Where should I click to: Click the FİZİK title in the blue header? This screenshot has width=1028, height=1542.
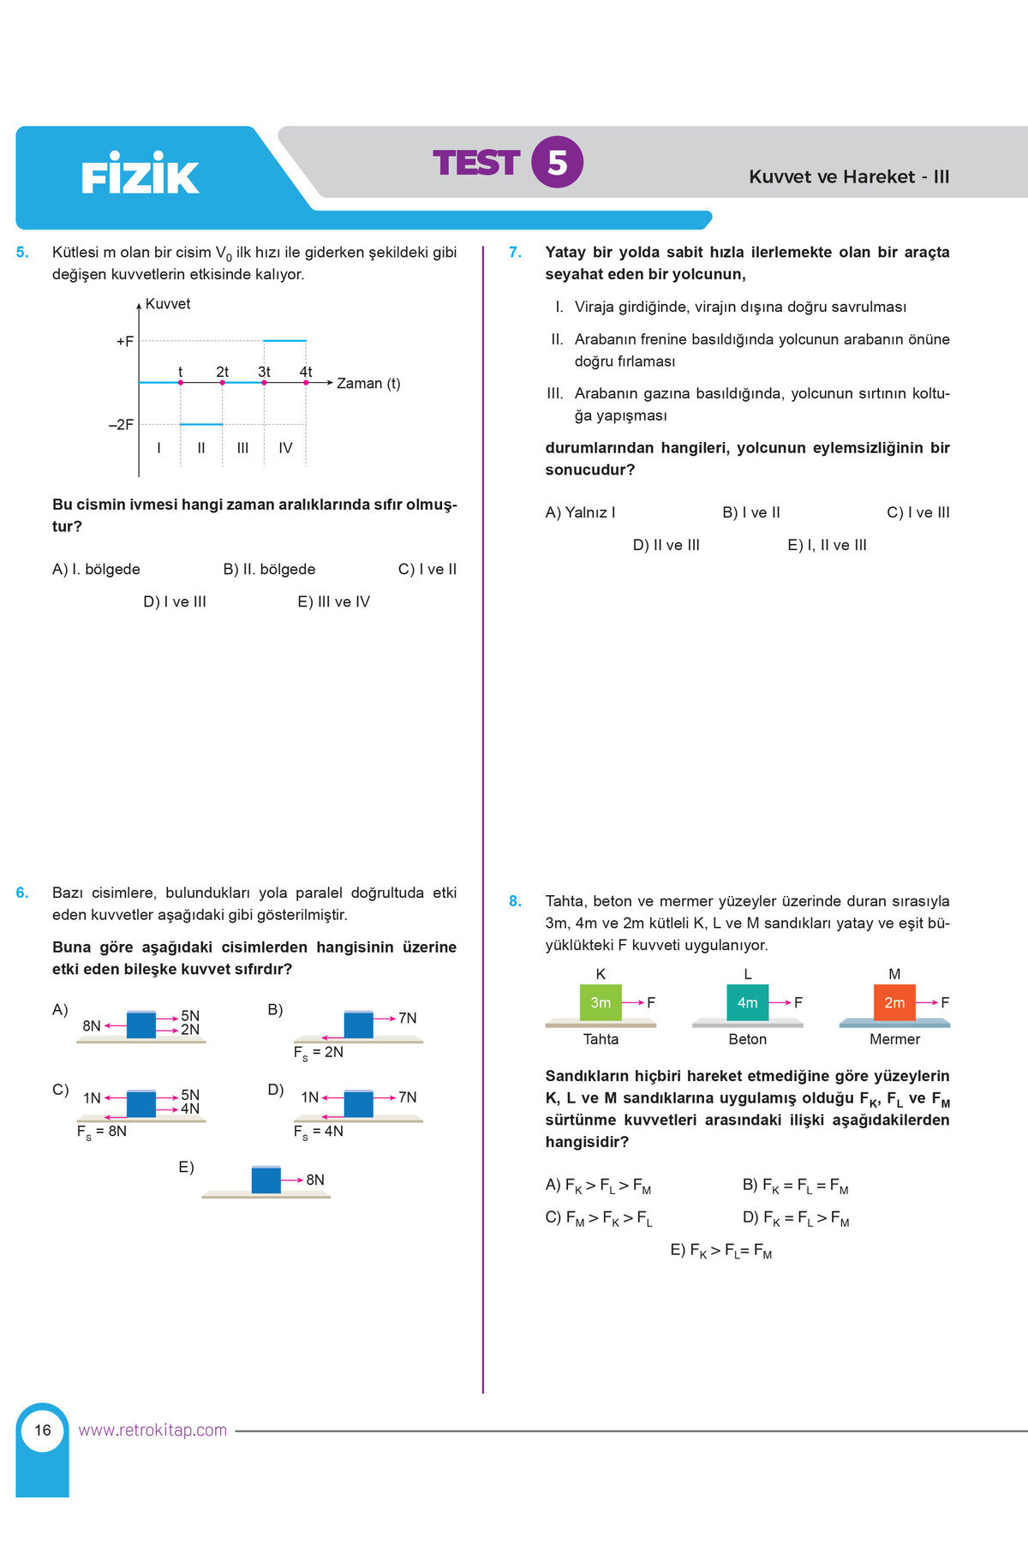pyautogui.click(x=140, y=176)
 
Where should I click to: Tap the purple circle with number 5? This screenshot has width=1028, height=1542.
pyautogui.click(x=557, y=162)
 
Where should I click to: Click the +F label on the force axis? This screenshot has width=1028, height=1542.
pyautogui.click(x=125, y=342)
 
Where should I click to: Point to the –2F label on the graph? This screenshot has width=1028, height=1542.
pyautogui.click(x=122, y=425)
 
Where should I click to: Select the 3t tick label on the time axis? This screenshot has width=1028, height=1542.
pyautogui.click(x=264, y=372)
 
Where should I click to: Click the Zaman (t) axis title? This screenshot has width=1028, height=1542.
pyautogui.click(x=368, y=384)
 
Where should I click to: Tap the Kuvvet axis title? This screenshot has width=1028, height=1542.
pyautogui.click(x=168, y=304)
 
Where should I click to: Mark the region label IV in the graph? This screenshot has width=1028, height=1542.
pyautogui.click(x=285, y=448)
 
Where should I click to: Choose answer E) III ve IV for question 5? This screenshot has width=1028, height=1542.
pyautogui.click(x=333, y=602)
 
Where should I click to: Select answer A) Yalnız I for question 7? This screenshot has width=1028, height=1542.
pyautogui.click(x=580, y=513)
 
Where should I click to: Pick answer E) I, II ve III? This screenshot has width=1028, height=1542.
pyautogui.click(x=827, y=546)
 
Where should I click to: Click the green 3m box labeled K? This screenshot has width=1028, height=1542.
pyautogui.click(x=601, y=1002)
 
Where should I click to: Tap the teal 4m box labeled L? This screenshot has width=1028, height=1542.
pyautogui.click(x=747, y=1002)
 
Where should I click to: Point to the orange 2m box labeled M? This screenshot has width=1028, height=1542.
pyautogui.click(x=894, y=1002)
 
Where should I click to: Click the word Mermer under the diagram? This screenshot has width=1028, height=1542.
pyautogui.click(x=894, y=1039)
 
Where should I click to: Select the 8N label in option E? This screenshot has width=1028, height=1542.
pyautogui.click(x=315, y=1180)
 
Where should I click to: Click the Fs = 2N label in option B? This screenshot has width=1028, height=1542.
pyautogui.click(x=319, y=1053)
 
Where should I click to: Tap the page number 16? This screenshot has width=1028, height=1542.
pyautogui.click(x=43, y=1430)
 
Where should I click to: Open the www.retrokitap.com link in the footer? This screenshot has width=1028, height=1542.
pyautogui.click(x=152, y=1430)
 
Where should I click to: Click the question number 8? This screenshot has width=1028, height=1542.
pyautogui.click(x=515, y=901)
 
